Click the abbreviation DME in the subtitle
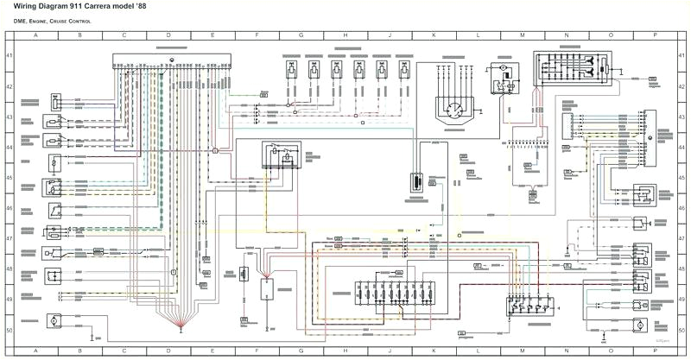(x=22, y=20)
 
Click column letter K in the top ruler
(x=434, y=36)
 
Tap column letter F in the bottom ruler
(x=257, y=351)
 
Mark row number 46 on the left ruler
(x=10, y=208)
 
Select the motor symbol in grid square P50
(x=640, y=323)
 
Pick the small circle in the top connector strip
(x=172, y=59)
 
